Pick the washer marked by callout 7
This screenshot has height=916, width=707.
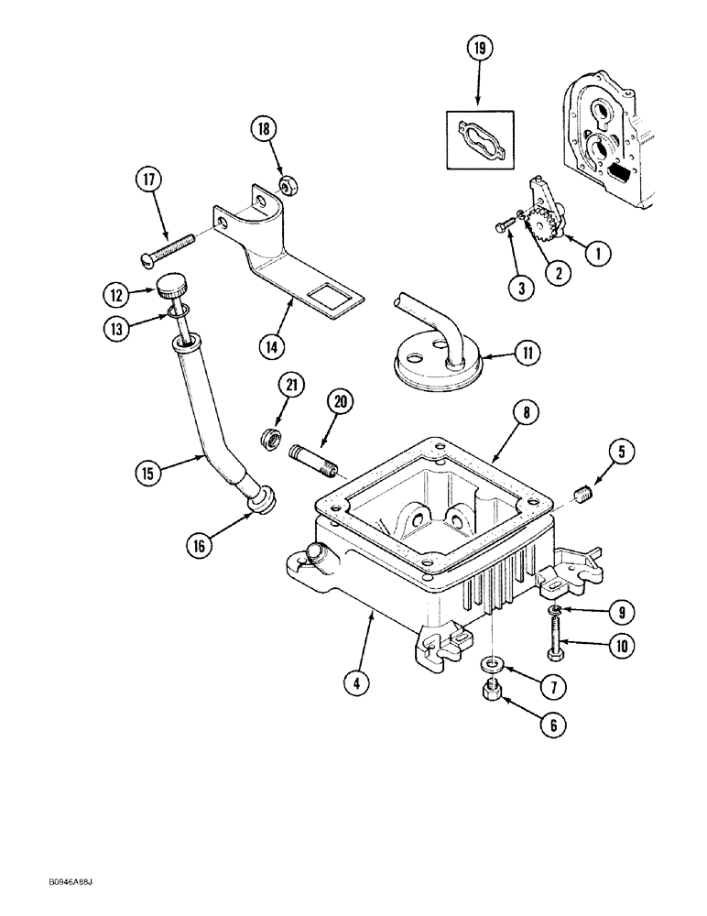pyautogui.click(x=493, y=662)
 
